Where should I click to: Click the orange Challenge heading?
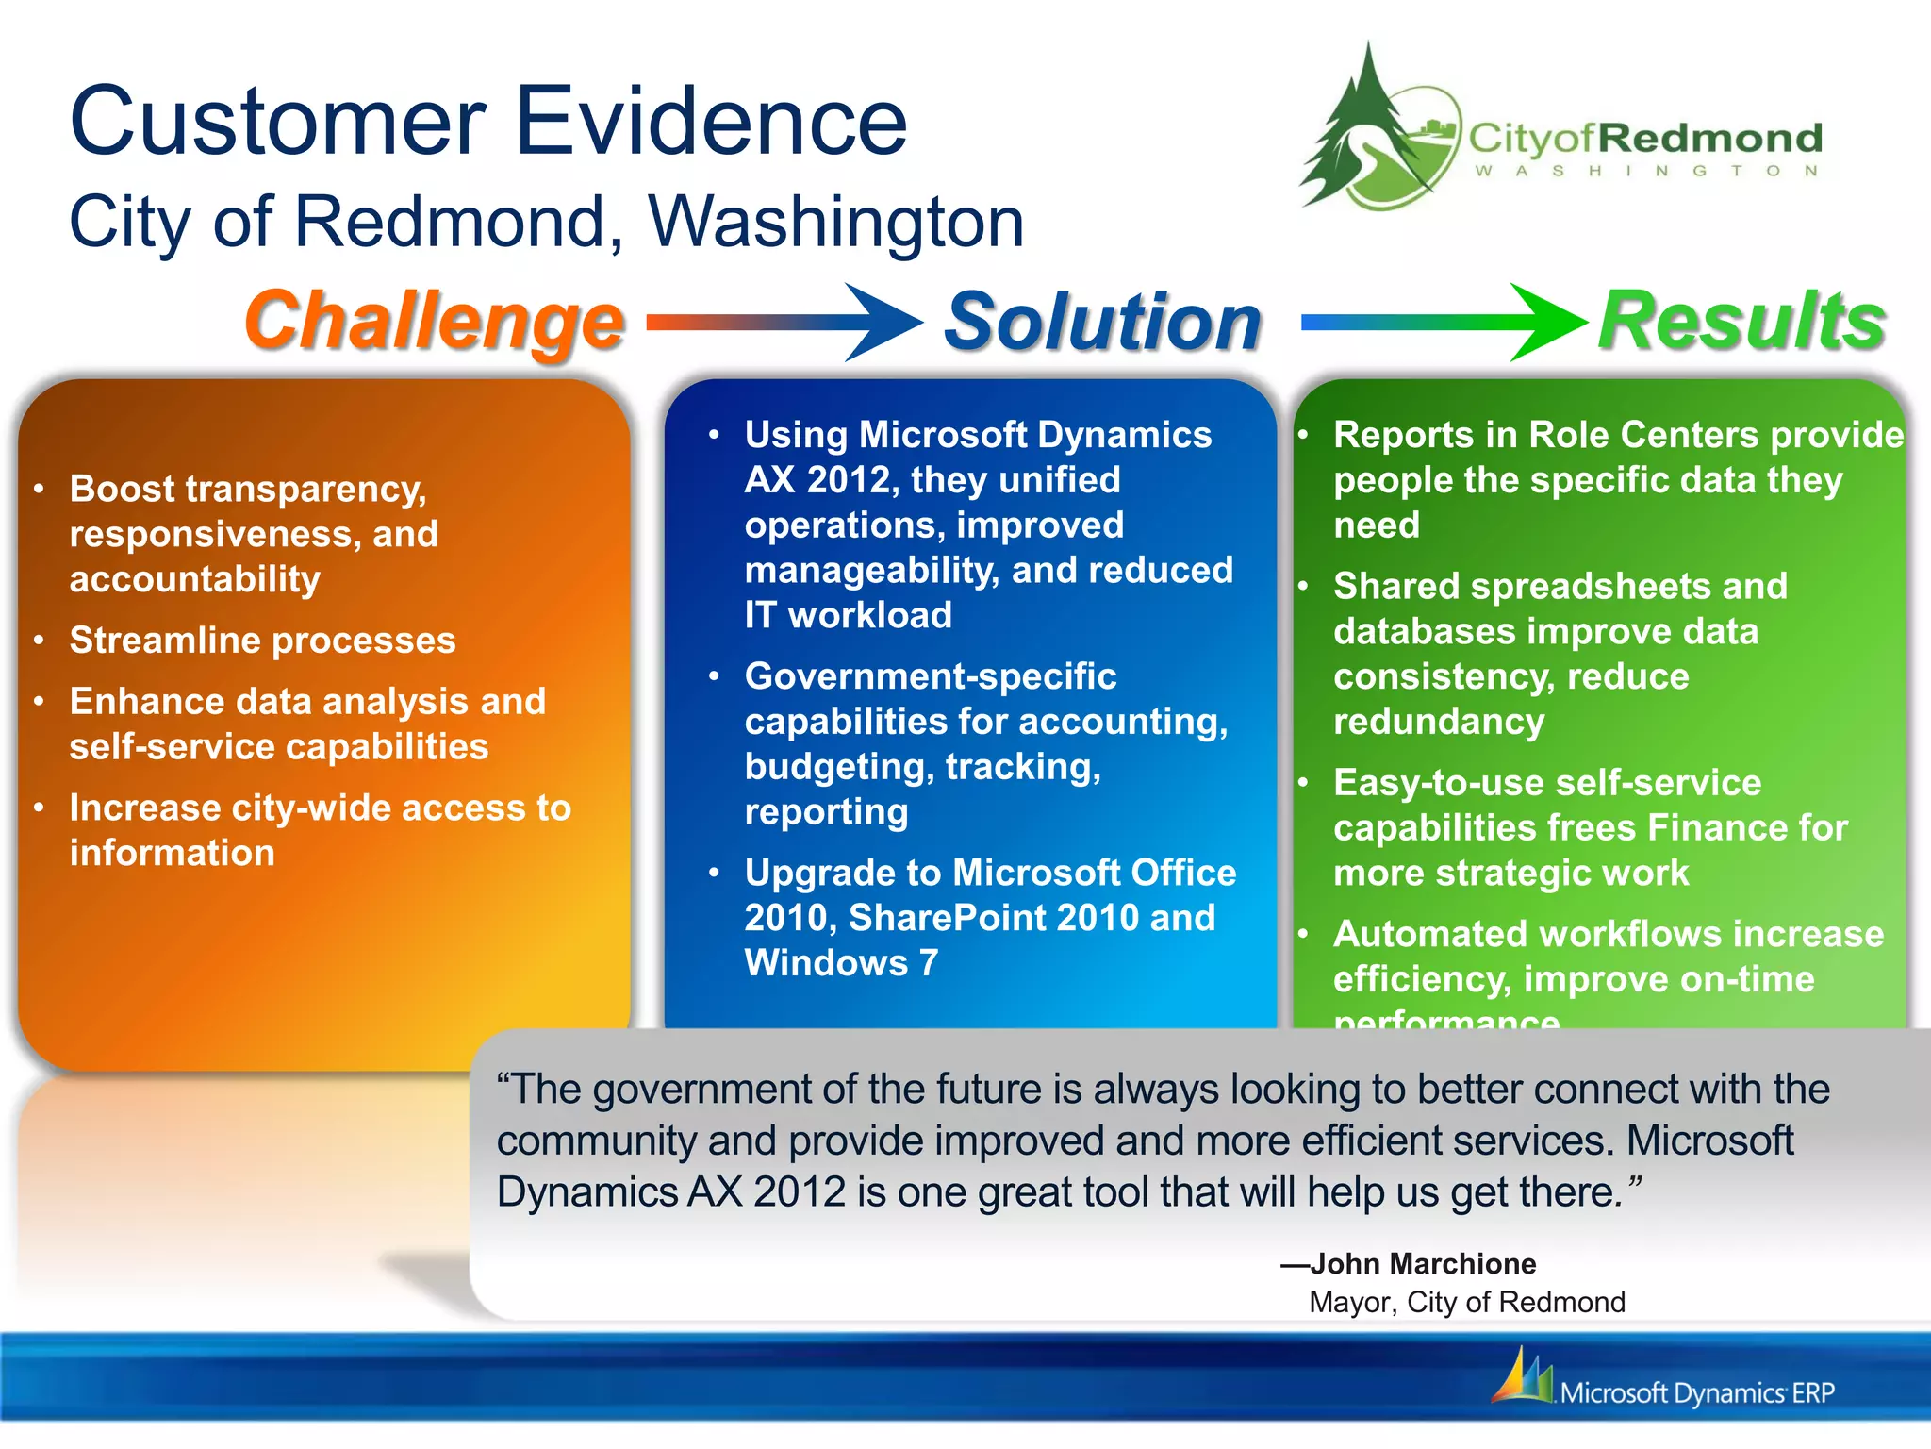[x=434, y=322]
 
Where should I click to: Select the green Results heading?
[x=1741, y=322]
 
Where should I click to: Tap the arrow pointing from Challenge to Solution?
[x=783, y=322]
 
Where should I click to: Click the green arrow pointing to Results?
[x=1443, y=322]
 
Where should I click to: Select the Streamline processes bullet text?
[x=262, y=641]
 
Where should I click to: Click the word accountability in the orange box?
[x=194, y=579]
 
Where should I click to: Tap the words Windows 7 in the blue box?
[x=841, y=963]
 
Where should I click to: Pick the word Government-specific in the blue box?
[x=930, y=676]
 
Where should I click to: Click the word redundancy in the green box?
[x=1439, y=722]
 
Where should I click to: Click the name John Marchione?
[x=1422, y=1264]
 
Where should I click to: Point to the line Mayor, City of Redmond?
[x=1467, y=1303]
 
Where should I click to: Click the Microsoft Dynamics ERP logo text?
[x=1697, y=1393]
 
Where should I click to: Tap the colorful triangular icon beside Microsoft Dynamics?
[x=1521, y=1377]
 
